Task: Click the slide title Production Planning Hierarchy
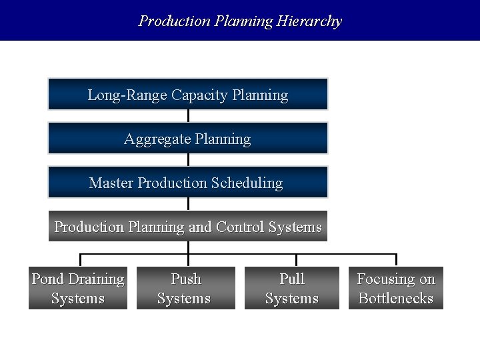pyautogui.click(x=240, y=21)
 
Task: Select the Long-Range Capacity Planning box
pyautogui.click(x=188, y=95)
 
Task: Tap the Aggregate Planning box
pyautogui.click(x=188, y=139)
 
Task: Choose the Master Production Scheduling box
pyautogui.click(x=188, y=183)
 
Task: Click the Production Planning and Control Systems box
pyautogui.click(x=188, y=227)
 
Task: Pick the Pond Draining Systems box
pyautogui.click(x=78, y=288)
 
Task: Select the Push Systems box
pyautogui.click(x=186, y=288)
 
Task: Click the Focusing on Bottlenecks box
pyautogui.click(x=396, y=288)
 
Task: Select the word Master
pyautogui.click(x=111, y=183)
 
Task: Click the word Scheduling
pyautogui.click(x=247, y=183)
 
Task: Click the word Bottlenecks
pyautogui.click(x=396, y=298)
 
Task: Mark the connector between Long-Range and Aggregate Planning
pyautogui.click(x=189, y=116)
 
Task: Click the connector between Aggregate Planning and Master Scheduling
pyautogui.click(x=189, y=160)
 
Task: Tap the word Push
pyautogui.click(x=186, y=279)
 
